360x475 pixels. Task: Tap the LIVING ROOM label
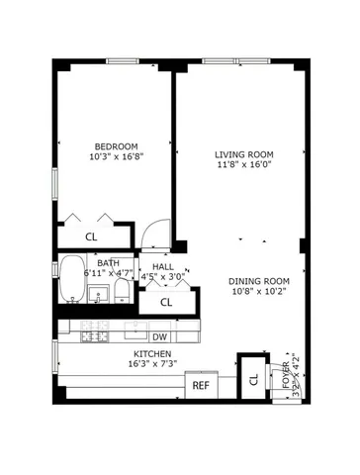pos(244,155)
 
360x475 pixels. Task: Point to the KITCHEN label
pos(153,353)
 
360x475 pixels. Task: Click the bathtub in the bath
pos(72,280)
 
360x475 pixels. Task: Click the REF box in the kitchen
pos(201,385)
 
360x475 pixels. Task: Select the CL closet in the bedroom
pos(91,237)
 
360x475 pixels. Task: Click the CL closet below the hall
pos(166,302)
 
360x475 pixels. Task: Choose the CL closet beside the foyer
pos(253,378)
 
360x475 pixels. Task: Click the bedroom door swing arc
pos(152,235)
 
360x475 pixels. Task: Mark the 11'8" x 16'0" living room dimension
pos(244,166)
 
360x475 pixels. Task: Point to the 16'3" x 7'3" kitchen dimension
pos(153,364)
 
